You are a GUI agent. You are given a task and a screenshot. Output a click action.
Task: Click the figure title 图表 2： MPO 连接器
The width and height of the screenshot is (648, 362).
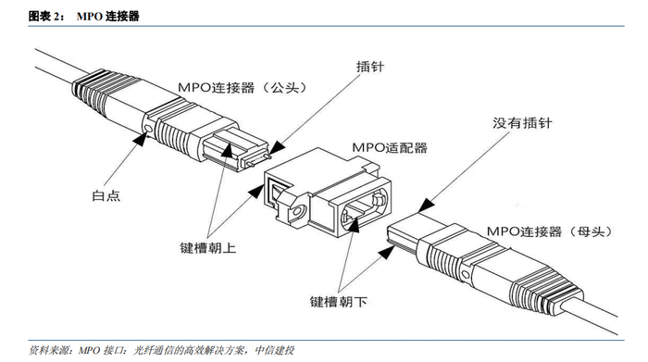tap(84, 16)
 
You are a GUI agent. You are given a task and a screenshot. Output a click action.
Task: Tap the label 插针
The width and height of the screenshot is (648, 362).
tap(370, 67)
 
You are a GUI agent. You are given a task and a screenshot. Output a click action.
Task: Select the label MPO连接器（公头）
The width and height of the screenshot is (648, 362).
tap(243, 87)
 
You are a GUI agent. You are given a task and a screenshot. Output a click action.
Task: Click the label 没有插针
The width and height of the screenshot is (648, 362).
tap(521, 123)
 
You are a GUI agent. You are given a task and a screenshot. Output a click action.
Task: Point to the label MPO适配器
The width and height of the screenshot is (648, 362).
tap(390, 147)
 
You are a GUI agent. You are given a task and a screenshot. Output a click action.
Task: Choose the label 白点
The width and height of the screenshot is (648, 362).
tap(106, 195)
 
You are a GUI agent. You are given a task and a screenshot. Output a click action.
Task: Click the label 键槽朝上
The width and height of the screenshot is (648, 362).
tap(208, 247)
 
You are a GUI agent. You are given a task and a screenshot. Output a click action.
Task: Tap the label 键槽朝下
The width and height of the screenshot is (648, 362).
tap(339, 301)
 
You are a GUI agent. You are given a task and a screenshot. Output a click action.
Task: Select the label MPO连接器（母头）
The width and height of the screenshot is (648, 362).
tap(549, 231)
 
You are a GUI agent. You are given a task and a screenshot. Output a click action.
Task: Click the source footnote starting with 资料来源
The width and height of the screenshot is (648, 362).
tap(162, 351)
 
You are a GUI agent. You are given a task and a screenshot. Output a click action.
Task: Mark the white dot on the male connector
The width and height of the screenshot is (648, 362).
tap(149, 128)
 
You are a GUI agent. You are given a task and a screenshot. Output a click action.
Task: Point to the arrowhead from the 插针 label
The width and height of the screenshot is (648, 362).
tap(277, 147)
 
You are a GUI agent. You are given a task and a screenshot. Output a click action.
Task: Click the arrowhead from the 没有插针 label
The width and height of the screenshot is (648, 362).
tap(426, 206)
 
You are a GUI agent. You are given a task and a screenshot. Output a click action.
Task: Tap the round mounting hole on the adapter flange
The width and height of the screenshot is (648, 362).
tap(296, 212)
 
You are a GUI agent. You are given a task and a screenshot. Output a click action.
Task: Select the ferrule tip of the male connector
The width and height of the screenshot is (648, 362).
tap(255, 158)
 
